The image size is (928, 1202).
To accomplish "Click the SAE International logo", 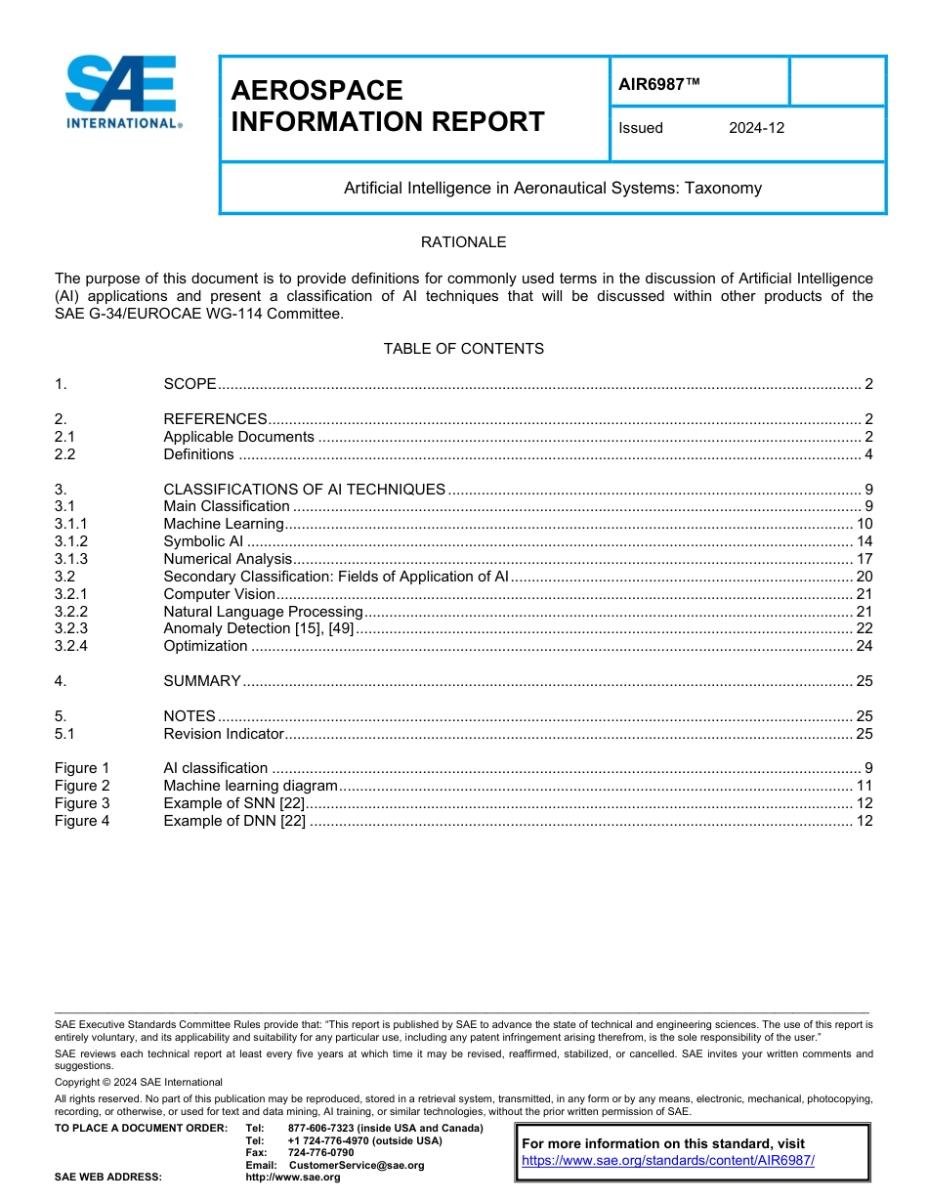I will coord(121,92).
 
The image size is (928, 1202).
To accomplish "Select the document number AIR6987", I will coord(659,84).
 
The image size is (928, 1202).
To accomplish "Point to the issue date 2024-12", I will coord(756,128).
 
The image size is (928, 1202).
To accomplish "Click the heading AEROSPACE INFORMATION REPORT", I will coord(387,106).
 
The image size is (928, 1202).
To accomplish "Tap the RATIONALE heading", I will coord(463,242).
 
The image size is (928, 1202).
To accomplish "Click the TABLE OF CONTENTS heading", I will coord(463,349).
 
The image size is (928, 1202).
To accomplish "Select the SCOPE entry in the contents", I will coord(190,384).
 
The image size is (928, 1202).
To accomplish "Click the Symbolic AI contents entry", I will coord(203,541).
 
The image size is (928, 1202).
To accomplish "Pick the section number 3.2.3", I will coord(71,628).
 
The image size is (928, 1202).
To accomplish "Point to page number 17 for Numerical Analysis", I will coord(864,559).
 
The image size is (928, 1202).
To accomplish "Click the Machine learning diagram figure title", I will coord(250,786).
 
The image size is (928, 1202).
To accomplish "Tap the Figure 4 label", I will coord(82,821).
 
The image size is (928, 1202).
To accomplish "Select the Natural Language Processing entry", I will coord(263,612).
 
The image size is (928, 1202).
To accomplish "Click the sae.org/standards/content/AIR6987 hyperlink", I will coord(668,1160).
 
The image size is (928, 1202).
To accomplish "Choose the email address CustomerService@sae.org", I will coord(357,1165).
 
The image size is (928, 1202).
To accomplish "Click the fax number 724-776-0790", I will coord(320,1153).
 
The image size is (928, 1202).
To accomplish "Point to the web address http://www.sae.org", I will coord(293,1177).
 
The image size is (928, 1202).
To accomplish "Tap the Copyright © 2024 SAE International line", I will coord(139,1082).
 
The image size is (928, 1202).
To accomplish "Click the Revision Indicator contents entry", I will coord(223,734).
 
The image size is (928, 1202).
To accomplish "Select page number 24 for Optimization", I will coord(864,646).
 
